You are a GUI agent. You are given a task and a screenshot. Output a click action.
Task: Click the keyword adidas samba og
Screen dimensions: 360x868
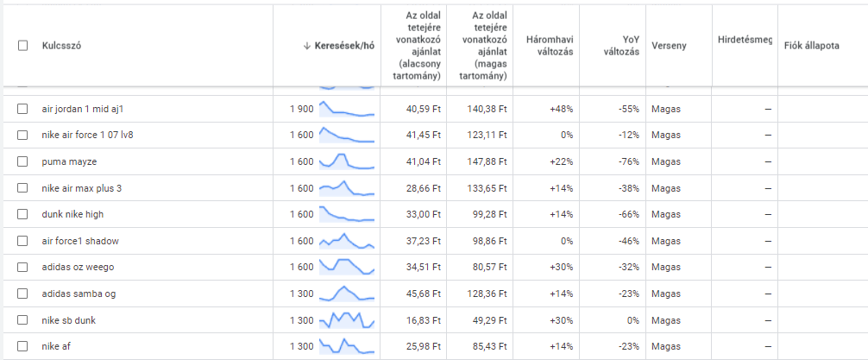click(79, 294)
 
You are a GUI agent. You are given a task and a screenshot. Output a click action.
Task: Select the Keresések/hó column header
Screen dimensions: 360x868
click(344, 46)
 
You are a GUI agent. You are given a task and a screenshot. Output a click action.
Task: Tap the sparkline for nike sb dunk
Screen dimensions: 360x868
click(347, 320)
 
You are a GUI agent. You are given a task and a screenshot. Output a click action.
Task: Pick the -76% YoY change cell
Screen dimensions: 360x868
click(626, 161)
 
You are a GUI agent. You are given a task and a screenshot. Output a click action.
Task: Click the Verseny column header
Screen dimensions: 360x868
click(670, 46)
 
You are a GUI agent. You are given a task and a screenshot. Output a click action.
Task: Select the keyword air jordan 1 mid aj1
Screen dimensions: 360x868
click(89, 110)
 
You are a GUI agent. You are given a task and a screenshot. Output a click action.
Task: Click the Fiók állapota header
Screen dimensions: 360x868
click(812, 46)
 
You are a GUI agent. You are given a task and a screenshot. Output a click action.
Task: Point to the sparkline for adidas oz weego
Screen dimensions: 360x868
click(347, 266)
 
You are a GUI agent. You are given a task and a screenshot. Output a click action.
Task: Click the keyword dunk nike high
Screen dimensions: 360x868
click(72, 214)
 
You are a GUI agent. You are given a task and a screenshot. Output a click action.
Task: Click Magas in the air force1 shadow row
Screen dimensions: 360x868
click(666, 241)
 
